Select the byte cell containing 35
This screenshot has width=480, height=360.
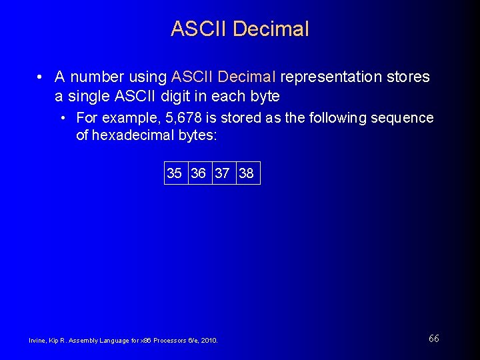pos(175,173)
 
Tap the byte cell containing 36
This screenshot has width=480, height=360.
pos(199,173)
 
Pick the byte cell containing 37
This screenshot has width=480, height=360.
pos(223,173)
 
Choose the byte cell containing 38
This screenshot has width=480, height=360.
pos(247,173)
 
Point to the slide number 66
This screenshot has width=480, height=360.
pos(434,339)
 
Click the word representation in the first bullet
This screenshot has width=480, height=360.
pos(331,77)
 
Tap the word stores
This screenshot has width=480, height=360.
pos(408,77)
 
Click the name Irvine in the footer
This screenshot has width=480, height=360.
pos(37,341)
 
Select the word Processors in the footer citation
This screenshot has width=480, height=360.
pos(170,341)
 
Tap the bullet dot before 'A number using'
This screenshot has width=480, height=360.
pos(41,77)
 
